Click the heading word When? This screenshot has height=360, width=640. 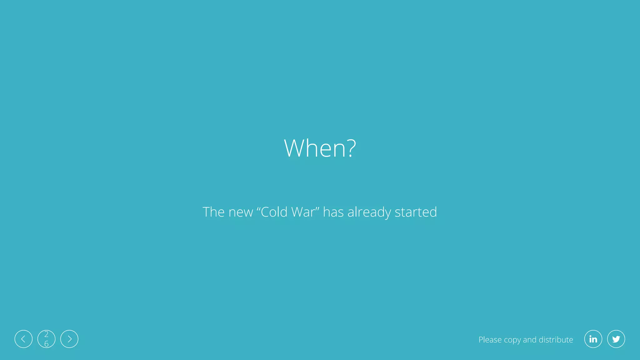click(x=320, y=148)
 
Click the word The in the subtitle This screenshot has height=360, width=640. click(x=213, y=212)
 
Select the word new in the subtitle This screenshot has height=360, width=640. click(x=241, y=212)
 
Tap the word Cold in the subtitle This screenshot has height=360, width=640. click(x=274, y=212)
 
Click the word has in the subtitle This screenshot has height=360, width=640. click(x=333, y=212)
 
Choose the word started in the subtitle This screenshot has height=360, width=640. click(x=416, y=212)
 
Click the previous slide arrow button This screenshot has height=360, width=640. click(x=23, y=339)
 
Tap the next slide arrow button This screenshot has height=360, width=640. click(x=69, y=339)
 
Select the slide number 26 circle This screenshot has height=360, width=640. click(x=46, y=339)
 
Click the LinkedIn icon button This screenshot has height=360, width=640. click(x=593, y=339)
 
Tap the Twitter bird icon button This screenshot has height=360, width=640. click(x=616, y=339)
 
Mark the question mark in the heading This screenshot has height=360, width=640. click(x=352, y=148)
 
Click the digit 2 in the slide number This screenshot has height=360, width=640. click(x=46, y=334)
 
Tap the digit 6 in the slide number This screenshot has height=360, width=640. click(x=46, y=344)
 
